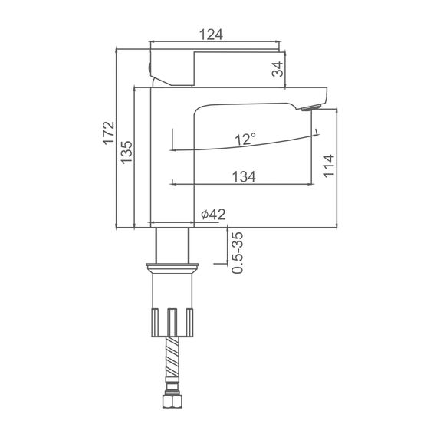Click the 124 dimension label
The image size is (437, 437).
(211, 34)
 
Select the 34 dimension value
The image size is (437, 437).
(278, 69)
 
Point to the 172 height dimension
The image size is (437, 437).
(109, 133)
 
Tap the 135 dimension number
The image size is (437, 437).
(127, 152)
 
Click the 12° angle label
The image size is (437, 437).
(245, 139)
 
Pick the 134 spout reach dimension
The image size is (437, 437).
(244, 176)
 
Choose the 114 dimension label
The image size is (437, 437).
(329, 166)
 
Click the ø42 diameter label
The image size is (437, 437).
(213, 215)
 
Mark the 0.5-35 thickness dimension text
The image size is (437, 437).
(238, 252)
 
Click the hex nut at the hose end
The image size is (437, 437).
(172, 400)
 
